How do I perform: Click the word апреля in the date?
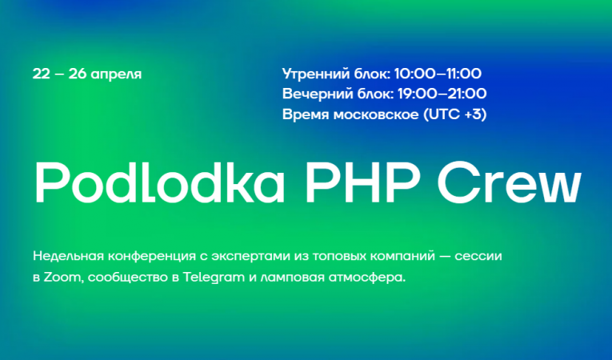click(115, 74)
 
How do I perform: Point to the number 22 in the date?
click(42, 74)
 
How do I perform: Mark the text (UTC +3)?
click(454, 114)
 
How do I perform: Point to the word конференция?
click(152, 258)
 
